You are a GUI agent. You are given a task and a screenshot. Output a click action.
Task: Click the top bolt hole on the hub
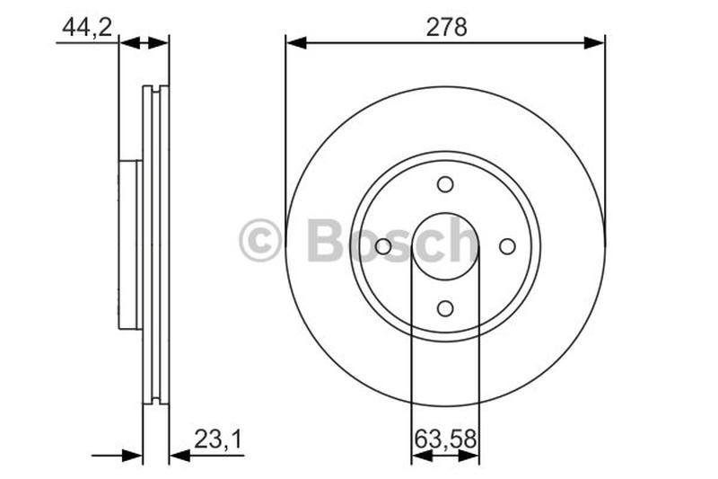[x=445, y=184]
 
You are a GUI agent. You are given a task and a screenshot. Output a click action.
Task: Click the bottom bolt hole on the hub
[x=445, y=308]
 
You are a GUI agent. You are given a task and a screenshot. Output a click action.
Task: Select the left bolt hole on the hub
[x=383, y=246]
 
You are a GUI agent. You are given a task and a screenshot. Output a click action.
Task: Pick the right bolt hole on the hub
[x=507, y=246]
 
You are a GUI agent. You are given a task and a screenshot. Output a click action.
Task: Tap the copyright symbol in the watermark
[x=260, y=242]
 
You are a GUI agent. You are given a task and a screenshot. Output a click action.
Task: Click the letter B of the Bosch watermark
[x=325, y=241]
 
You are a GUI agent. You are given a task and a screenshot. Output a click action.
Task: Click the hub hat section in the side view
[x=130, y=245]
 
